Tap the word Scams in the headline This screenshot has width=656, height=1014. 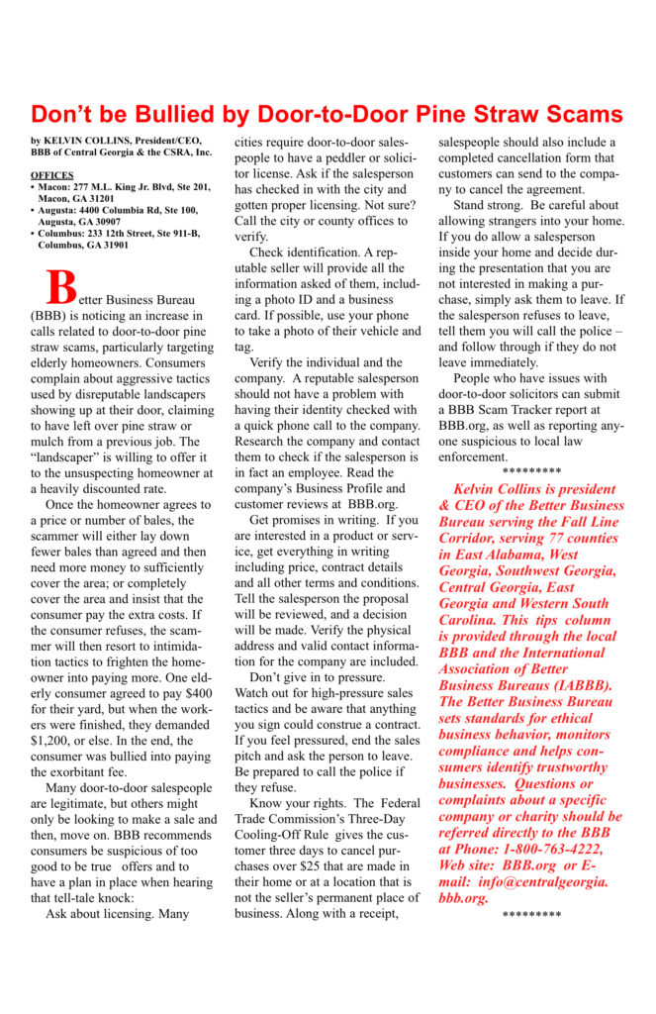tap(583, 113)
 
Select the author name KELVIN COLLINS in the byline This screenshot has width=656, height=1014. tap(92, 142)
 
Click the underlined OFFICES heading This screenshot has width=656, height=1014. tap(51, 174)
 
